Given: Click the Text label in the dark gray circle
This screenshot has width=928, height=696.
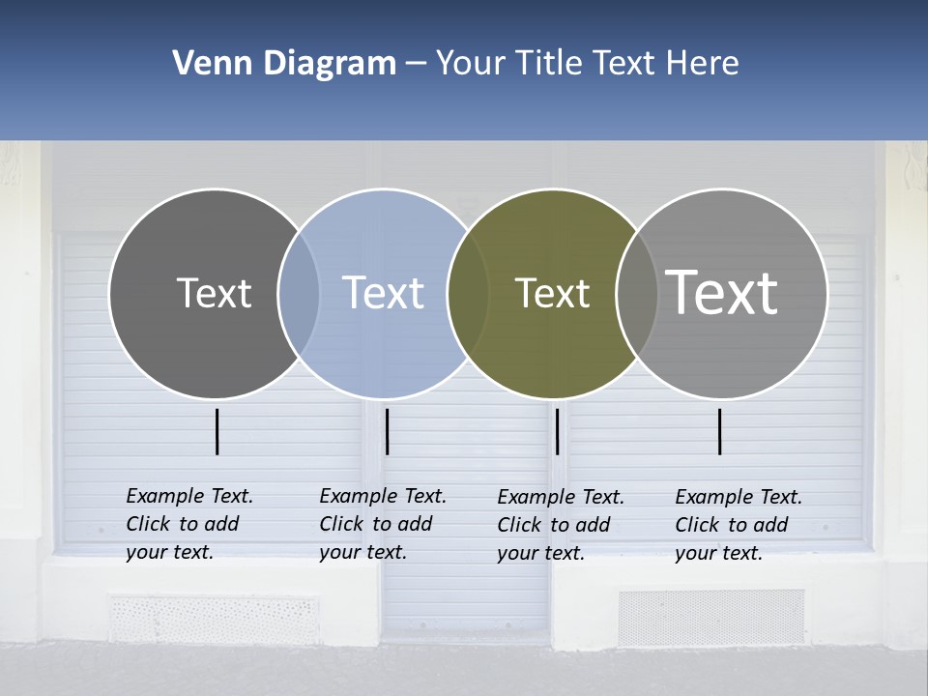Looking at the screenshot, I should click(x=214, y=293).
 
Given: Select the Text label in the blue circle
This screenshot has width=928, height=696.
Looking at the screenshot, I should click(x=383, y=293).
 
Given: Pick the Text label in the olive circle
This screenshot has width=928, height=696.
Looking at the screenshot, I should click(x=552, y=293).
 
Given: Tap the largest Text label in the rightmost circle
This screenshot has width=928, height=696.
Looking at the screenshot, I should click(x=722, y=292).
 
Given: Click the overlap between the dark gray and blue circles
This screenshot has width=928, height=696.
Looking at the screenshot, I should click(x=299, y=293).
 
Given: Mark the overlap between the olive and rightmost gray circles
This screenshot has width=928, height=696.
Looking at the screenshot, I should click(x=637, y=293).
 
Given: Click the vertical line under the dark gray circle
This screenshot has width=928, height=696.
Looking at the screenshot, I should click(x=217, y=431).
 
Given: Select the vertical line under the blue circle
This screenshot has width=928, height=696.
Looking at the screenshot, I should click(x=387, y=431).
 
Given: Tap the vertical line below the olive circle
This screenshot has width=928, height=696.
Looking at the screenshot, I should click(x=558, y=431).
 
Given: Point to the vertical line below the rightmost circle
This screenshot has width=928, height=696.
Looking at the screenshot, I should click(x=720, y=431).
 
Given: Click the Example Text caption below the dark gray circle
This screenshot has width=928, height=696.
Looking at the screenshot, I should click(x=189, y=524).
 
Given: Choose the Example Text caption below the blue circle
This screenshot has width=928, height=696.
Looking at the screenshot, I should click(x=383, y=524).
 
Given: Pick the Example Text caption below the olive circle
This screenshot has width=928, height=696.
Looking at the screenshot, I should click(x=561, y=525).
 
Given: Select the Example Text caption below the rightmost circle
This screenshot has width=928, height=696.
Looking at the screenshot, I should click(x=739, y=525).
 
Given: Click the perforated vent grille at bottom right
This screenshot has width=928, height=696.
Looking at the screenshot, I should click(x=710, y=618).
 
